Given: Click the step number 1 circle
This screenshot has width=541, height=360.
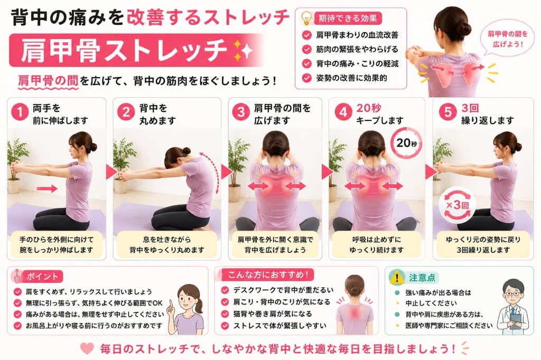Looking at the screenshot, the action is tap(20, 112).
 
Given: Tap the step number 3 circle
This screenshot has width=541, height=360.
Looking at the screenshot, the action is tap(240, 112).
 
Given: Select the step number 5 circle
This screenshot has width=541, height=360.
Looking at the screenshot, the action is tap(447, 112).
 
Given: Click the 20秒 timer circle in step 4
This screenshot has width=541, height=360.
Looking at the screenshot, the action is tap(406, 143).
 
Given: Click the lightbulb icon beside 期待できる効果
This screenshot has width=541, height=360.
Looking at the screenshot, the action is tap(306, 18).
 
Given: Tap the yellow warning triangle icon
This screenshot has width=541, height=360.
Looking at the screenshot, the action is tap(397, 277).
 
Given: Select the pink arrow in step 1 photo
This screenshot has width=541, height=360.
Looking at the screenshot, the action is tap(47, 188).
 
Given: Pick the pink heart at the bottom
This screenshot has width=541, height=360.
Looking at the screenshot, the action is tap(87, 348).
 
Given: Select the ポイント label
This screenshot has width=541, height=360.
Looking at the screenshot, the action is tap(43, 277).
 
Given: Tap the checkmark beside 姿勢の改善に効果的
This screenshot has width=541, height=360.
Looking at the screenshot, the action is tap(306, 78).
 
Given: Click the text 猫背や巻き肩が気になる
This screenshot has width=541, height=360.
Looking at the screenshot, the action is tap(273, 314).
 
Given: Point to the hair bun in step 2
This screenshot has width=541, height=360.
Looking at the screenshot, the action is tap(186, 150).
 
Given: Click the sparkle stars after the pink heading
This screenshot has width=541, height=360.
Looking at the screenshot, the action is tap(243, 50).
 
